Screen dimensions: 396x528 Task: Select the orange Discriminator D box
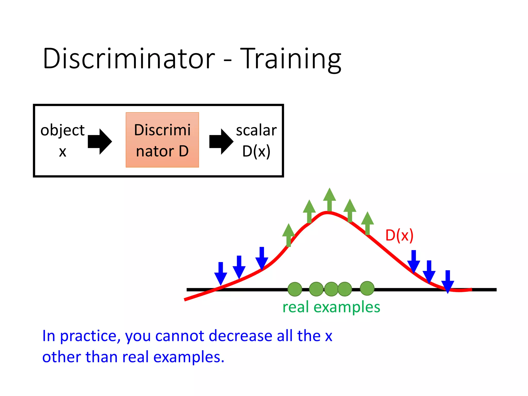[162, 140]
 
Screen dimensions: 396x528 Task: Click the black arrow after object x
[100, 142]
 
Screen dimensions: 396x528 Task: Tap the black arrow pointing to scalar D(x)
[221, 142]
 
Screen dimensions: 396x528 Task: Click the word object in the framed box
[62, 130]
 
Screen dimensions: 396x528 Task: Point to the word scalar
[256, 130]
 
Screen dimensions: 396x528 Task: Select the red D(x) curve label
[399, 235]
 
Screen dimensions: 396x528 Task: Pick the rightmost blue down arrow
[448, 282]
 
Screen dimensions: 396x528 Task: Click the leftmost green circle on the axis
[295, 289]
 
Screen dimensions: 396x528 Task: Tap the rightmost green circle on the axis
[367, 288]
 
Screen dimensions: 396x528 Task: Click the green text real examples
[331, 307]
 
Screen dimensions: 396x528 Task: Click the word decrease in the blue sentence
[240, 336]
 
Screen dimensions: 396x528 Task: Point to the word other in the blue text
[62, 357]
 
